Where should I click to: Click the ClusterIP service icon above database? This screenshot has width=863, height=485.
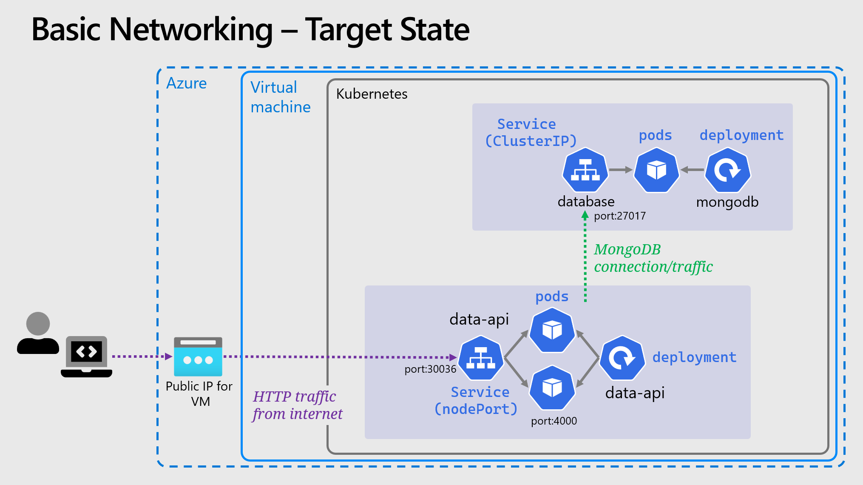585,170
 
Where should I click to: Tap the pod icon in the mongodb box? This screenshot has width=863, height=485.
656,170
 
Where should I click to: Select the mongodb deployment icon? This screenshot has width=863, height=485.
727,170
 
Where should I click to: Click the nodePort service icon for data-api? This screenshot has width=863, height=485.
481,358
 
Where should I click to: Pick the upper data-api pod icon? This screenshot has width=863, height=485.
552,330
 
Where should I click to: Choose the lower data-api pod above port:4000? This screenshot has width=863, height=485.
552,388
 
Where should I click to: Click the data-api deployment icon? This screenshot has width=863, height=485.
622,358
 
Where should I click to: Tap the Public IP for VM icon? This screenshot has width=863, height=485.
198,357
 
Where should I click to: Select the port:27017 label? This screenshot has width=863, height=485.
619,216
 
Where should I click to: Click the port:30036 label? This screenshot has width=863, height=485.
430,369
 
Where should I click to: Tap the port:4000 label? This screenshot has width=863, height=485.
554,421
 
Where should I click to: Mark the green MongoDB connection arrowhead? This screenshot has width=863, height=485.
585,216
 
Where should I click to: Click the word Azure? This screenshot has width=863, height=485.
186,83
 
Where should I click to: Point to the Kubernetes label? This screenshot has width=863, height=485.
372,94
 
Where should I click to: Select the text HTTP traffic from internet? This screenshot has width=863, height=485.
297,405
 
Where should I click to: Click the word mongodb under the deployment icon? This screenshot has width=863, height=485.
727,202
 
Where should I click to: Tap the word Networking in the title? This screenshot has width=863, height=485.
191,30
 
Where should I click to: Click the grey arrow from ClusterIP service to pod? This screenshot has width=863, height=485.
621,170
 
